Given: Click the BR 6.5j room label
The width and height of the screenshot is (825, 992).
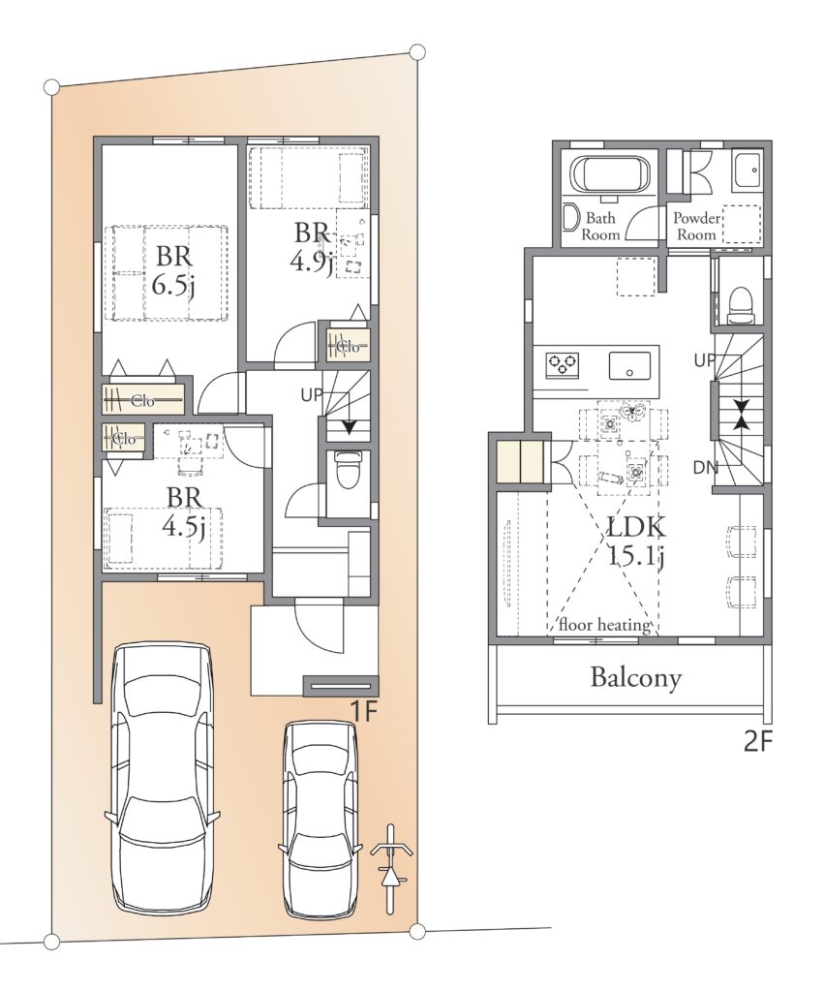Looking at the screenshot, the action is pyautogui.click(x=174, y=272).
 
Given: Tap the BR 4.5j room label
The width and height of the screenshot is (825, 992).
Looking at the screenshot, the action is pyautogui.click(x=185, y=512).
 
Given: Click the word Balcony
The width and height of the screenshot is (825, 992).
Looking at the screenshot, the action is pyautogui.click(x=636, y=678).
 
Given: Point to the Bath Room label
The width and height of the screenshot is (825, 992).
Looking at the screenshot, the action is pyautogui.click(x=600, y=227).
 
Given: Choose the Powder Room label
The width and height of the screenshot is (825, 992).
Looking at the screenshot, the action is pyautogui.click(x=696, y=227).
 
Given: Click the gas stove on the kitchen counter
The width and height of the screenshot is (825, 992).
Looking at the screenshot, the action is pyautogui.click(x=563, y=364).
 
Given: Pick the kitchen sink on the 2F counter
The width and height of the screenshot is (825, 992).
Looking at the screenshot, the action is pyautogui.click(x=629, y=364).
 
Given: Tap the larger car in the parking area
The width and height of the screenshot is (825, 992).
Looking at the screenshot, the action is pyautogui.click(x=162, y=778).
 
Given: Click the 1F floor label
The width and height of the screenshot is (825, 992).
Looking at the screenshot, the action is pyautogui.click(x=364, y=711).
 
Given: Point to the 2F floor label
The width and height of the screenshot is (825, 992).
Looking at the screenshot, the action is pyautogui.click(x=758, y=741).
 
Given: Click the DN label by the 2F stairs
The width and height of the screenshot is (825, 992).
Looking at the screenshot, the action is pyautogui.click(x=706, y=468).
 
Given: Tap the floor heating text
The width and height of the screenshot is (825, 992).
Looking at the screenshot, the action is pyautogui.click(x=603, y=625).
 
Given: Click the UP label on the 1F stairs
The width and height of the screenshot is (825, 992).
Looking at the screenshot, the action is pyautogui.click(x=312, y=395).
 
